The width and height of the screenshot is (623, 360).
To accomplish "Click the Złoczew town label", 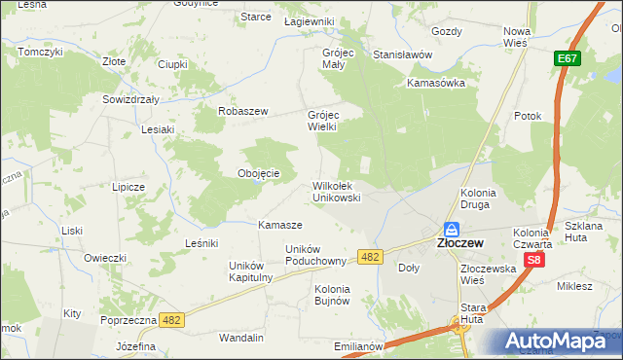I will click(x=453, y=244).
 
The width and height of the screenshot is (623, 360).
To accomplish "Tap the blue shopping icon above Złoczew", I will click(x=453, y=230).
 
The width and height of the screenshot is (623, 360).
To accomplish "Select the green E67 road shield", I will click(x=569, y=60).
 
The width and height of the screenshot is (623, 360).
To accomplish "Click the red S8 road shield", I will click(x=534, y=261).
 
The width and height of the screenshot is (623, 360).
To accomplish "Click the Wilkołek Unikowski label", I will click(x=337, y=191).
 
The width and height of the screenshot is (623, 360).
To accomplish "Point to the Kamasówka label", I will click(x=436, y=83).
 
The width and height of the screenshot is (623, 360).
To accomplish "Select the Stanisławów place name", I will click(x=402, y=55).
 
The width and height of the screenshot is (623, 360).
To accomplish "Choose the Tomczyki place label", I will click(x=40, y=51).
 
